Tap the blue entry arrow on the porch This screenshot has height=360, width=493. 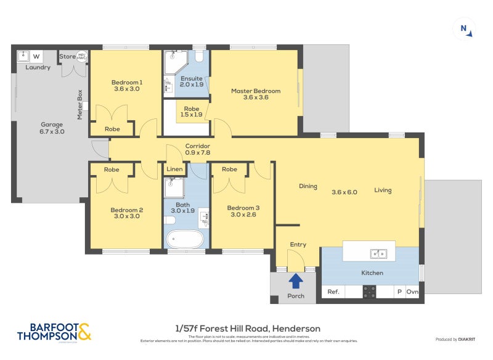coord(296,281)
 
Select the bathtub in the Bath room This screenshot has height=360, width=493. coord(186,238)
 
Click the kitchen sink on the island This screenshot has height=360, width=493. coord(378,253)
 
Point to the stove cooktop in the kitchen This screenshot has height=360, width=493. coord(370,292)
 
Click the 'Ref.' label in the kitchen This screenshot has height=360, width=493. coord(333,292)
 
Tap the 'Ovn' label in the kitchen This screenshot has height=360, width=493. coord(412,292)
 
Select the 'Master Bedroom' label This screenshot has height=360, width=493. coord(256,91)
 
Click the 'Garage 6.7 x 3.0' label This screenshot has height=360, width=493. coord(52,128)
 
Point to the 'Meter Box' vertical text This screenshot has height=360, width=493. coord(79,104)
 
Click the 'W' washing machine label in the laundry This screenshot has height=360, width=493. coord(36,56)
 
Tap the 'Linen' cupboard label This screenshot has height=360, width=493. coord(174,170)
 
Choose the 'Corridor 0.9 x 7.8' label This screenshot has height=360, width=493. coord(198,149)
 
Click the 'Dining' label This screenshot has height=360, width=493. coord(308,186)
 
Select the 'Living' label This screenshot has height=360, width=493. coord(383,190)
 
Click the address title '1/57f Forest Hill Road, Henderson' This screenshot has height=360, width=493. coord(246,329)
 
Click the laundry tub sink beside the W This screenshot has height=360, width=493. coord(23,55)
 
